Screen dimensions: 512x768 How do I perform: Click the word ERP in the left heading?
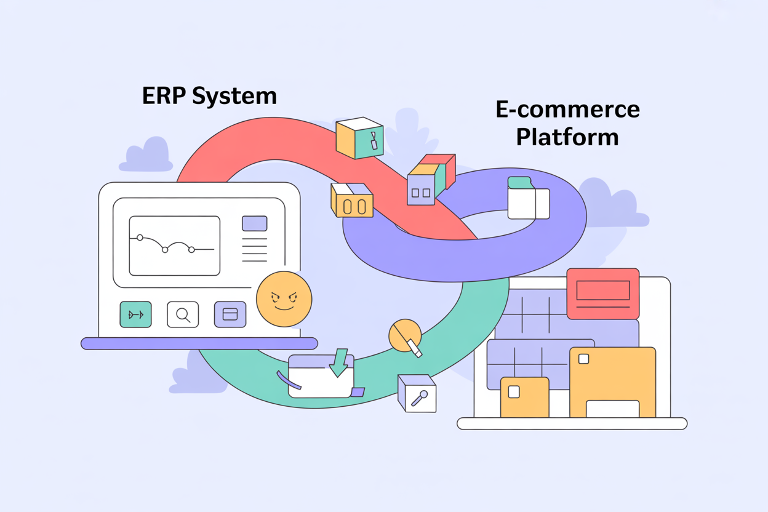point(163,96)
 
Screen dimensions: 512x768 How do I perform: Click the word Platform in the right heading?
point(567,137)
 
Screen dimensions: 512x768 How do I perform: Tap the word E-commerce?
point(567,110)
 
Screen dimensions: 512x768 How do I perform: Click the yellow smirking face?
point(284,299)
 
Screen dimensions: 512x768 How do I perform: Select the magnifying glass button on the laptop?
point(183,314)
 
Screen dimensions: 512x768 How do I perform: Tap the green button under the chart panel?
point(135,314)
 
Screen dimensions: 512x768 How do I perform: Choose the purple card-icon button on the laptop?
point(230,314)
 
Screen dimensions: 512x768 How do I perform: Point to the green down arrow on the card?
point(338,362)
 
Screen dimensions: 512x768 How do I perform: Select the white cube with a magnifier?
point(417,393)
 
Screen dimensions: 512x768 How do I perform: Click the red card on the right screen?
point(602,293)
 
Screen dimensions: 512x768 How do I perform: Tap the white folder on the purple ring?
point(527,198)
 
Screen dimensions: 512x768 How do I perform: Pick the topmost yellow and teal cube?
point(359,138)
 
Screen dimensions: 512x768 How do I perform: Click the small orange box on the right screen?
point(524,397)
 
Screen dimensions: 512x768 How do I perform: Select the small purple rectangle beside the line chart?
point(254,223)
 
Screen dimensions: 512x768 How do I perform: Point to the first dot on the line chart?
point(140,238)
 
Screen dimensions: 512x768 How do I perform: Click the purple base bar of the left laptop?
point(199,343)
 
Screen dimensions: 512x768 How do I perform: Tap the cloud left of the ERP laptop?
point(146,156)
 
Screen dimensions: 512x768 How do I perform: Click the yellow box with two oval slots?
point(352,201)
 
